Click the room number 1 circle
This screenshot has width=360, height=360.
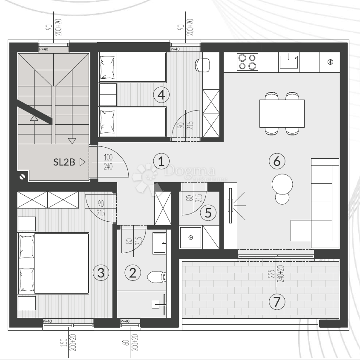click(161, 161)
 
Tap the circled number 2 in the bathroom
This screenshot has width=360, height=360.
click(132, 272)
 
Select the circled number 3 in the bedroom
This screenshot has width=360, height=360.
click(101, 272)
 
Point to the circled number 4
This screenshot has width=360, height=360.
click(161, 94)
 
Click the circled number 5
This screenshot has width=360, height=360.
click(208, 212)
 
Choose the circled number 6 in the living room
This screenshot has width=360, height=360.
click(277, 161)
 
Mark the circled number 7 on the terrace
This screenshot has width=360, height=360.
click(277, 302)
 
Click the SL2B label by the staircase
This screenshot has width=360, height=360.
click(64, 162)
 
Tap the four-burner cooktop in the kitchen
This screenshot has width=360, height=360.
click(248, 62)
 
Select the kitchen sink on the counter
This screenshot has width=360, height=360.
click(289, 61)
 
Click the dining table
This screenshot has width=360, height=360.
click(282, 113)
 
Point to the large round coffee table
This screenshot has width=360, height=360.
click(282, 183)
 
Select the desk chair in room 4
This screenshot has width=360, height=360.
click(202, 65)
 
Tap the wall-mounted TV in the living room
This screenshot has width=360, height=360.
click(230, 206)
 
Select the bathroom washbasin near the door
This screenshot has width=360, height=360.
click(160, 243)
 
